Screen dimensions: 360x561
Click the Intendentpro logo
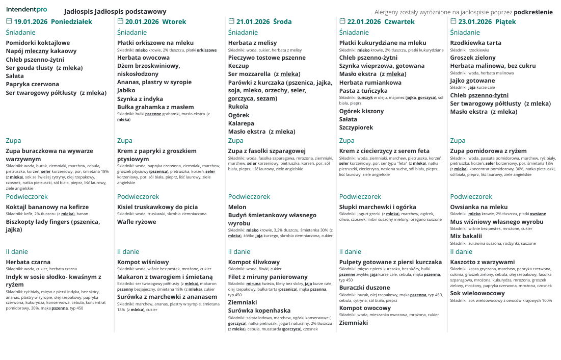[x=26, y=10]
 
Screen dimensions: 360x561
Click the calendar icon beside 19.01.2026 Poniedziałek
[x=9, y=21]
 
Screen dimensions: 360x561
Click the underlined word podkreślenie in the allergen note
[x=533, y=12]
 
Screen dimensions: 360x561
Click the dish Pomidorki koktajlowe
[x=38, y=43]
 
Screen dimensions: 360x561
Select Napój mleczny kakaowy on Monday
[x=41, y=51]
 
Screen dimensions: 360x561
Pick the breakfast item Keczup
[x=238, y=66]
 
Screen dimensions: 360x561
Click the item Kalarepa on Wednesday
[x=241, y=123]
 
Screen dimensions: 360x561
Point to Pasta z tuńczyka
[x=363, y=91]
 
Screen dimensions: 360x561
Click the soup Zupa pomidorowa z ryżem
[x=488, y=151]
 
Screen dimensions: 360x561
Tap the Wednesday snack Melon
[x=237, y=207]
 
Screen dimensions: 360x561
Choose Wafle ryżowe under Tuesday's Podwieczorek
[x=137, y=222]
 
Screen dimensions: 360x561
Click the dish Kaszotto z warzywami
[x=483, y=262]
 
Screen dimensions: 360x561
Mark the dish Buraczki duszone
[x=364, y=288]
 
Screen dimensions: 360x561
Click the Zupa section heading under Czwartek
[x=346, y=141]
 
